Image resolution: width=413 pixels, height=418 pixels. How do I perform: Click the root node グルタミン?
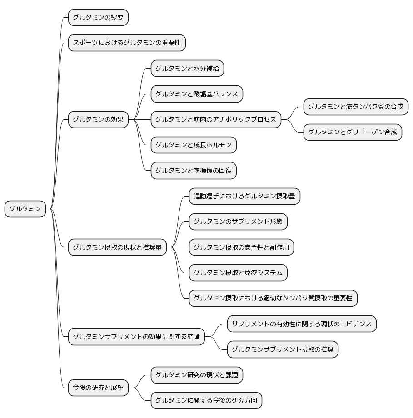[25, 209]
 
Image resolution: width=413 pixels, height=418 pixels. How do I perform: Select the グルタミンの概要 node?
[98, 18]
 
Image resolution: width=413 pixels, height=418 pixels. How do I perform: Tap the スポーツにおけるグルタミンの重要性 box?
[127, 43]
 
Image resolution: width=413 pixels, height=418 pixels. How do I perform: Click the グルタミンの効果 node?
[98, 120]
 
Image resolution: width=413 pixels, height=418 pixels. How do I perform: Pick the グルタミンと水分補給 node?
[187, 69]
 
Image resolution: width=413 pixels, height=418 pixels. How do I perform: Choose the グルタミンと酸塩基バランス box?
[197, 94]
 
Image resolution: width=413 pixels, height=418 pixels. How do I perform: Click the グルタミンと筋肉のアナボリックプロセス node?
[216, 120]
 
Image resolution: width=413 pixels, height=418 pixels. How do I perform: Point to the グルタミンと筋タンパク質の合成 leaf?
[356, 107]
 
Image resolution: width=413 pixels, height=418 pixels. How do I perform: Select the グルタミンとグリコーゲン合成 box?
[353, 132]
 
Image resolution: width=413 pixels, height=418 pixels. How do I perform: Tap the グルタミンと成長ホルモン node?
[194, 145]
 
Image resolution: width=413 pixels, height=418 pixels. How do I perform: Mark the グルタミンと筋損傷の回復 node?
[194, 171]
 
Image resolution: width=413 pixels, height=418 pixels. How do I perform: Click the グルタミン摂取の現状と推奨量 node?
[117, 247]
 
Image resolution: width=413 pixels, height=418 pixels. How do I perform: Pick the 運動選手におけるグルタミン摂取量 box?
[244, 196]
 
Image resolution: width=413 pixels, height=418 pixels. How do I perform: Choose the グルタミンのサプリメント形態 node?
[238, 221]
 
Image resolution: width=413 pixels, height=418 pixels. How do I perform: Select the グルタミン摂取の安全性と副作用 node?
[241, 247]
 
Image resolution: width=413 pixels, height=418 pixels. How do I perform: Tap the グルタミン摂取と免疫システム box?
[238, 273]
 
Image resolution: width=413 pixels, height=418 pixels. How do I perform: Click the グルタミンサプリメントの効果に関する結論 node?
[136, 337]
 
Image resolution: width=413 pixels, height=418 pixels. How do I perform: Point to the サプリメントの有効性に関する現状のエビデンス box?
[302, 324]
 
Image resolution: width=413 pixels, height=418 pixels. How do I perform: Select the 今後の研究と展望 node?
[98, 388]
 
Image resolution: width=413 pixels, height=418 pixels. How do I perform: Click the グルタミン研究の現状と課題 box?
[197, 375]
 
